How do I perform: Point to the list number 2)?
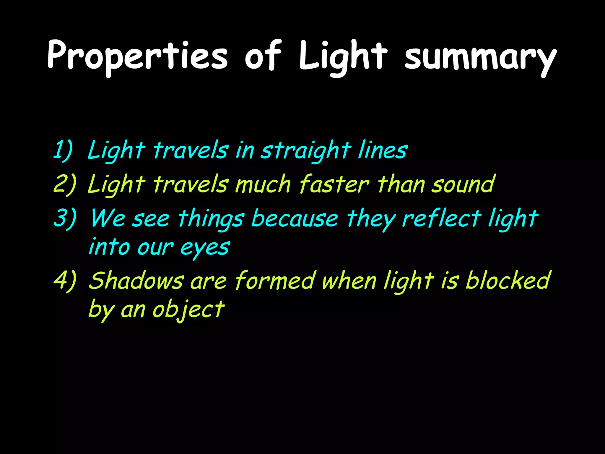[x=65, y=184]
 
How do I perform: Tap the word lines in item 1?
[x=382, y=150]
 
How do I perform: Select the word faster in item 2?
[x=334, y=184]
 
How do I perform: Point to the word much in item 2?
[x=263, y=184]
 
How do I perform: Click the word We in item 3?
[x=108, y=218]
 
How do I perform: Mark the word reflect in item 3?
[x=441, y=218]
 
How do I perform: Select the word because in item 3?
[x=295, y=218]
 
